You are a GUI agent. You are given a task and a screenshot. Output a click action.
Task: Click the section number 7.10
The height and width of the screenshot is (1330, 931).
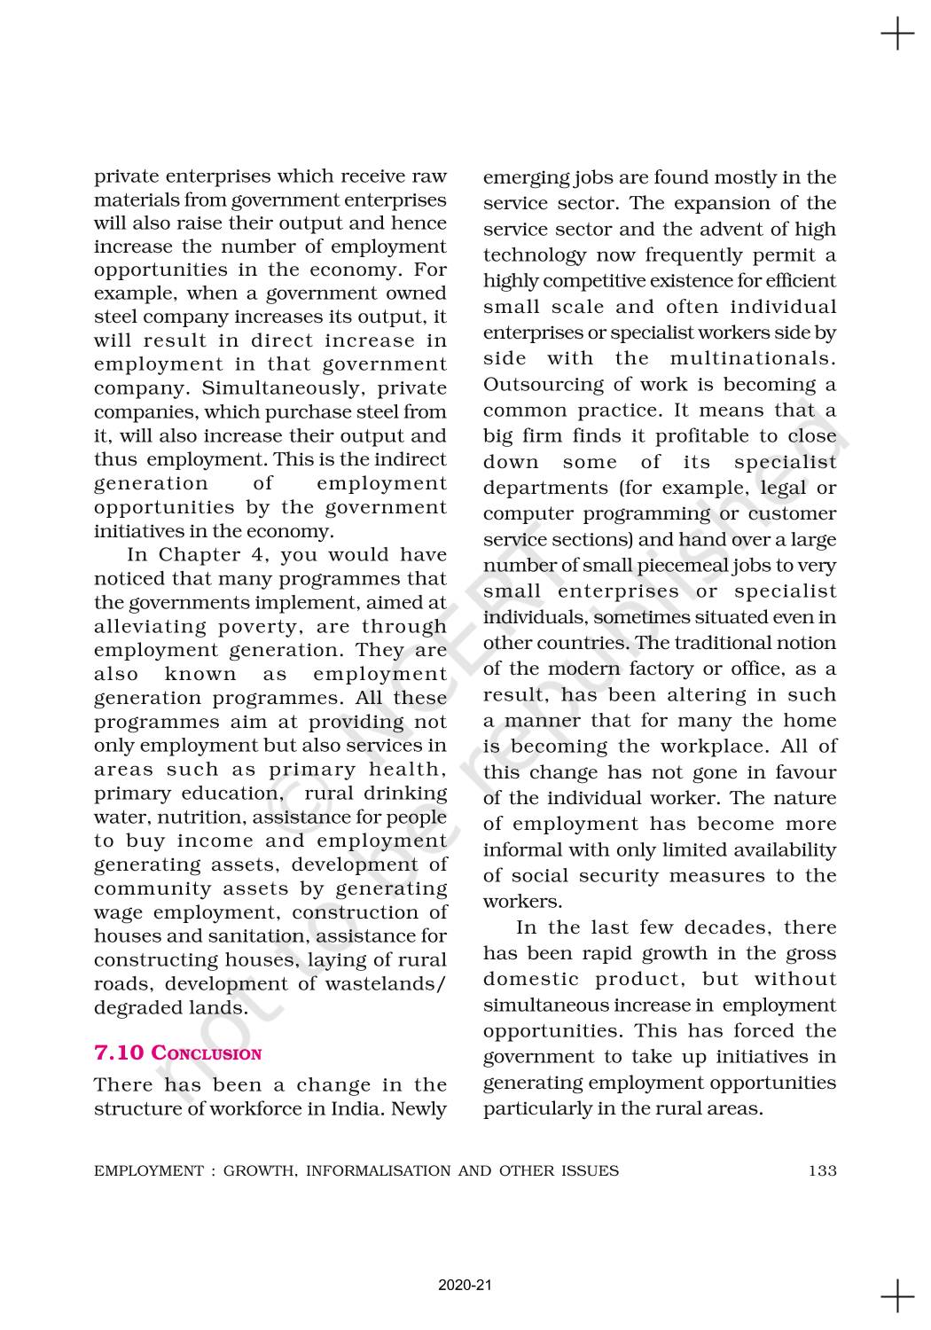119,1053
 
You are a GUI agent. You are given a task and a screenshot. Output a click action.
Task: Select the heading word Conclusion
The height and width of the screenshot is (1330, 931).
207,1053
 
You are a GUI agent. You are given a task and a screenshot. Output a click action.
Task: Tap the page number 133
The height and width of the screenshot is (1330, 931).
822,1170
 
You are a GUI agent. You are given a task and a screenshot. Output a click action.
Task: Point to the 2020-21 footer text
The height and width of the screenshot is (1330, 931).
465,1285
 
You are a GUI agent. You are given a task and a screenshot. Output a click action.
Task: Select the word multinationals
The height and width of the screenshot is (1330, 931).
753,359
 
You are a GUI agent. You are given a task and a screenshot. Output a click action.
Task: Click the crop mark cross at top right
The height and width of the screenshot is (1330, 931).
897,35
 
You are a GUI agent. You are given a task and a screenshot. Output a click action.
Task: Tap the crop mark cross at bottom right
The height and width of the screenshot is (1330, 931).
897,1296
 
